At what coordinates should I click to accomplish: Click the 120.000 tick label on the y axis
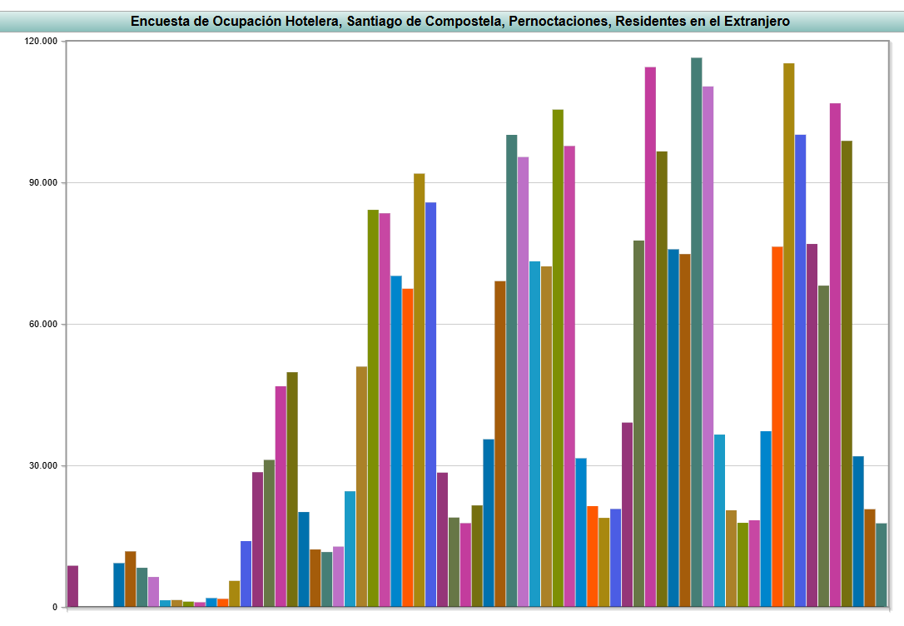[41, 42]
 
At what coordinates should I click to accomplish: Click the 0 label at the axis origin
[54, 608]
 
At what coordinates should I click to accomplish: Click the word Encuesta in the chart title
[160, 22]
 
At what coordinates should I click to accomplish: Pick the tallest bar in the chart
[697, 333]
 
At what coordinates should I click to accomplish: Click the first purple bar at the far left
[73, 587]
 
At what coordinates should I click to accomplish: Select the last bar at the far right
[881, 565]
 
